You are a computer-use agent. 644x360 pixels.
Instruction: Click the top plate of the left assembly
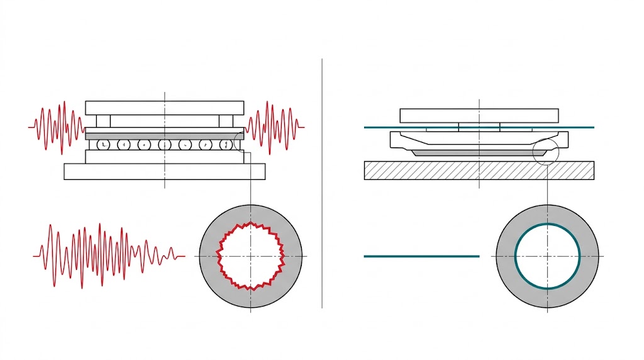pyautogui.click(x=165, y=108)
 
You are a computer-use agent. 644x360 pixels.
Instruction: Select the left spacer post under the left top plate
pyautogui.click(x=104, y=121)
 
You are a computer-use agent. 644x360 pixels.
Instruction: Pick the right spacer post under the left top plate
pyautogui.click(x=226, y=121)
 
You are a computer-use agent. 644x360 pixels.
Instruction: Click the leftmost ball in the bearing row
pyautogui.click(x=104, y=145)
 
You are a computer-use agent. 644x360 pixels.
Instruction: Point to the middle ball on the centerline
pyautogui.click(x=165, y=145)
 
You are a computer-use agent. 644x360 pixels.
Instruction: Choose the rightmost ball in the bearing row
pyautogui.click(x=225, y=145)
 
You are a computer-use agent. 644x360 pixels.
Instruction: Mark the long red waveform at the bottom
pyautogui.click(x=107, y=256)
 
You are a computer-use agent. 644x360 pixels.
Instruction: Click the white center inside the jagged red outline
pyautogui.click(x=250, y=256)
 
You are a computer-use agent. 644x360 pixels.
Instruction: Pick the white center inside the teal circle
pyautogui.click(x=547, y=256)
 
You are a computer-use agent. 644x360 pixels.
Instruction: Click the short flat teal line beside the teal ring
pyautogui.click(x=421, y=256)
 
